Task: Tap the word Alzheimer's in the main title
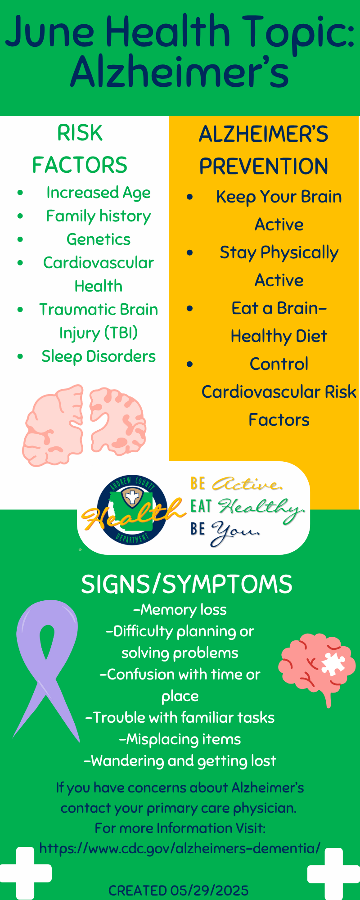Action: (180, 72)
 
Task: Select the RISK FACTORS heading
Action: (80, 149)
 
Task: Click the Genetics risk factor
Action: (99, 239)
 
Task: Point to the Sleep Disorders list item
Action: (99, 356)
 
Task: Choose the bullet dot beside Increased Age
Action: (20, 193)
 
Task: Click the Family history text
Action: (99, 216)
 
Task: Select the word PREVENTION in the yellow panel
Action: (264, 166)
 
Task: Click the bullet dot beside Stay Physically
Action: (190, 253)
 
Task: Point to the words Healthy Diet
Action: (279, 336)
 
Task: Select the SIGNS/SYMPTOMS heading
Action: (187, 584)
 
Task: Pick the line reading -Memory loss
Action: (180, 610)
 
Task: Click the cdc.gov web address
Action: (180, 848)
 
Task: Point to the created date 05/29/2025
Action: (209, 891)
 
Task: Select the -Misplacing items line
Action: (180, 739)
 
